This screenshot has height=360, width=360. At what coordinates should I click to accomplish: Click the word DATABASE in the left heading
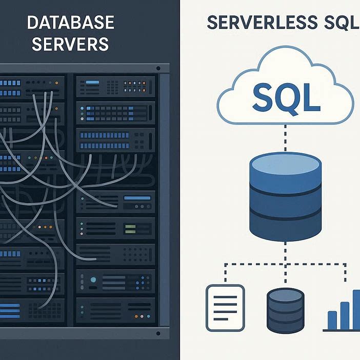pyautogui.click(x=71, y=23)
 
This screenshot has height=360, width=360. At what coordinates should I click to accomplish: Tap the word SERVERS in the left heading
pyautogui.click(x=71, y=44)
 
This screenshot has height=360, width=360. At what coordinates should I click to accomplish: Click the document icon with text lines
pyautogui.click(x=225, y=308)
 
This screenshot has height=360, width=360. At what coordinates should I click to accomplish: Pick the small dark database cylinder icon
pyautogui.click(x=286, y=311)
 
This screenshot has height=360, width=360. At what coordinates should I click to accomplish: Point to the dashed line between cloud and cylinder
pyautogui.click(x=285, y=137)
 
